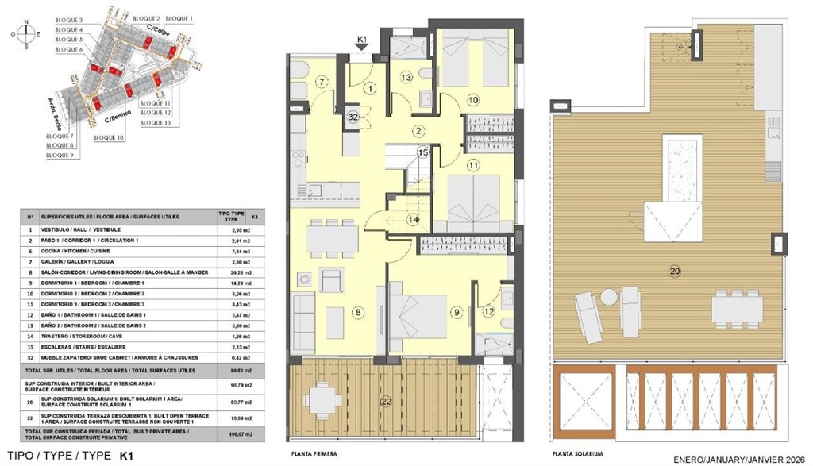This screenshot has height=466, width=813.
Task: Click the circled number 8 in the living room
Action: (359, 313)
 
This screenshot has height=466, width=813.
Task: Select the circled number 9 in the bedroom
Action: (457, 313)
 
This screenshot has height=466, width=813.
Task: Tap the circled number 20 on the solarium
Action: (674, 272)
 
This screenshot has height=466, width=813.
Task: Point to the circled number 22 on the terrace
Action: (387, 402)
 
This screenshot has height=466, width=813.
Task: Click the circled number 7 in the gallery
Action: (322, 82)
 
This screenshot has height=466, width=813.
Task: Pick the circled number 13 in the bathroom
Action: (406, 77)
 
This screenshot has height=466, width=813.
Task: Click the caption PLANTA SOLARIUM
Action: (578, 454)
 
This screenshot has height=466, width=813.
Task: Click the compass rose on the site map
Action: (29, 33)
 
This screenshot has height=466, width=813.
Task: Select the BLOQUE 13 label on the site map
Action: (156, 123)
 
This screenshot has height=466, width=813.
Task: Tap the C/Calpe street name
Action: (160, 32)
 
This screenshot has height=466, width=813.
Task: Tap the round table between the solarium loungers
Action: (609, 297)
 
